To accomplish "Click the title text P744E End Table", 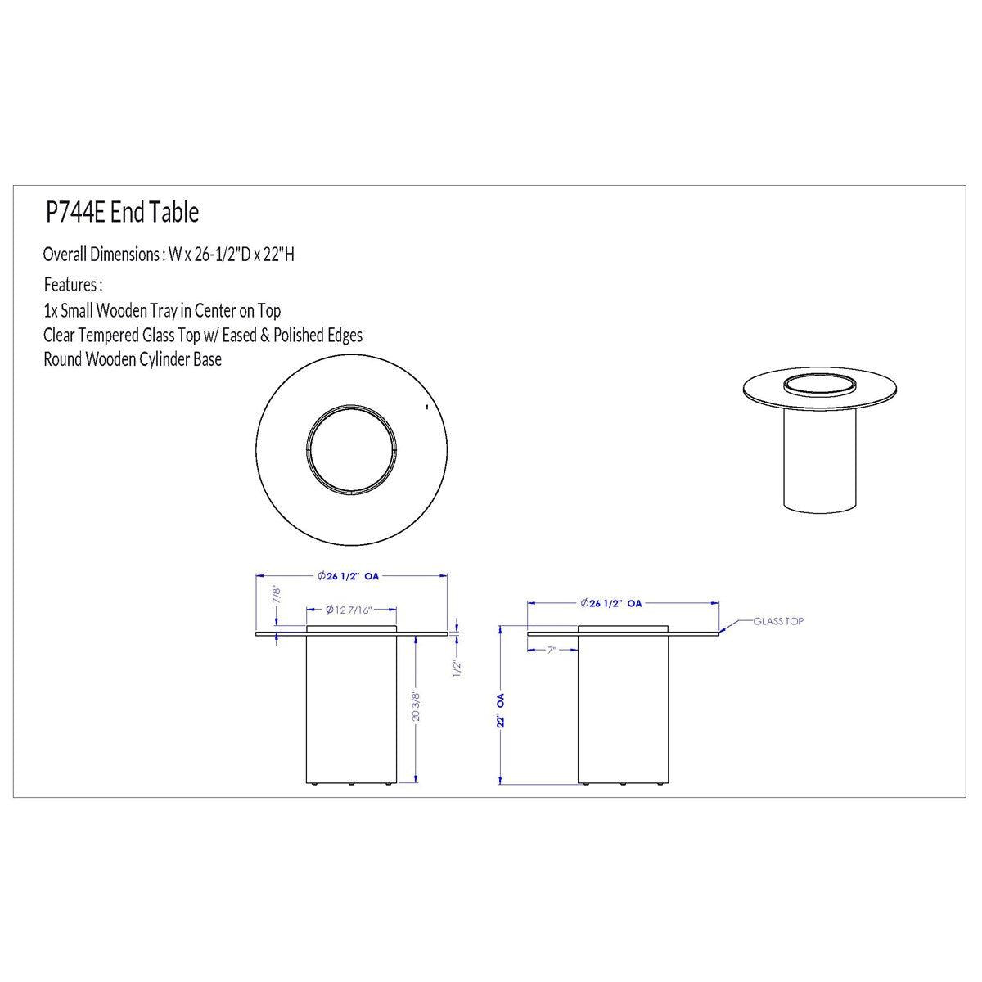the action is pos(122,212).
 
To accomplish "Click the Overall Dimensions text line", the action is pos(169,255).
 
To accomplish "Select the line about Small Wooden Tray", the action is pos(162,310).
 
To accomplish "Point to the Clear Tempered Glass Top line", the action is pos(203,335).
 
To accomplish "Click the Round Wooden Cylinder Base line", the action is pos(133,359).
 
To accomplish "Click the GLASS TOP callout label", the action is pos(778,621).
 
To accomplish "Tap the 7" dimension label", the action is pos(552,651).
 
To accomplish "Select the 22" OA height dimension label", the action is pos(501,709).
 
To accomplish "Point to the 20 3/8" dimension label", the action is pos(417,705).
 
